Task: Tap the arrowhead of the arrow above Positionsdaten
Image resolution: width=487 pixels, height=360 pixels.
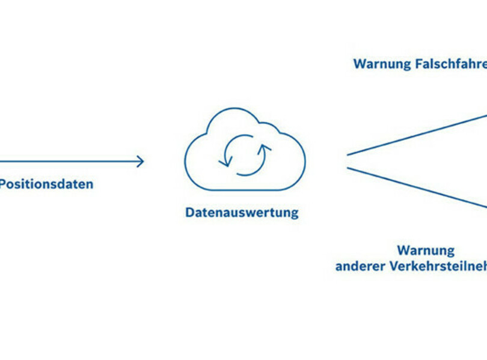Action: [141, 161]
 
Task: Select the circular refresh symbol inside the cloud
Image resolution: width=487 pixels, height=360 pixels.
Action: [245, 154]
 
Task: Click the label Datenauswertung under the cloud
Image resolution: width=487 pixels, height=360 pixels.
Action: [242, 212]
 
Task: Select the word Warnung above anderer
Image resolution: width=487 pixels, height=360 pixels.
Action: [426, 250]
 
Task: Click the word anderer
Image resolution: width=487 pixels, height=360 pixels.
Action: [359, 266]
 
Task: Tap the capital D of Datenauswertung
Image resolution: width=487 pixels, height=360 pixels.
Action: [189, 212]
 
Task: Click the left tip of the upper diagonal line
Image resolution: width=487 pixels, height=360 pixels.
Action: [348, 154]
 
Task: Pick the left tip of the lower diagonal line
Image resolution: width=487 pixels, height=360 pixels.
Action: [348, 168]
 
